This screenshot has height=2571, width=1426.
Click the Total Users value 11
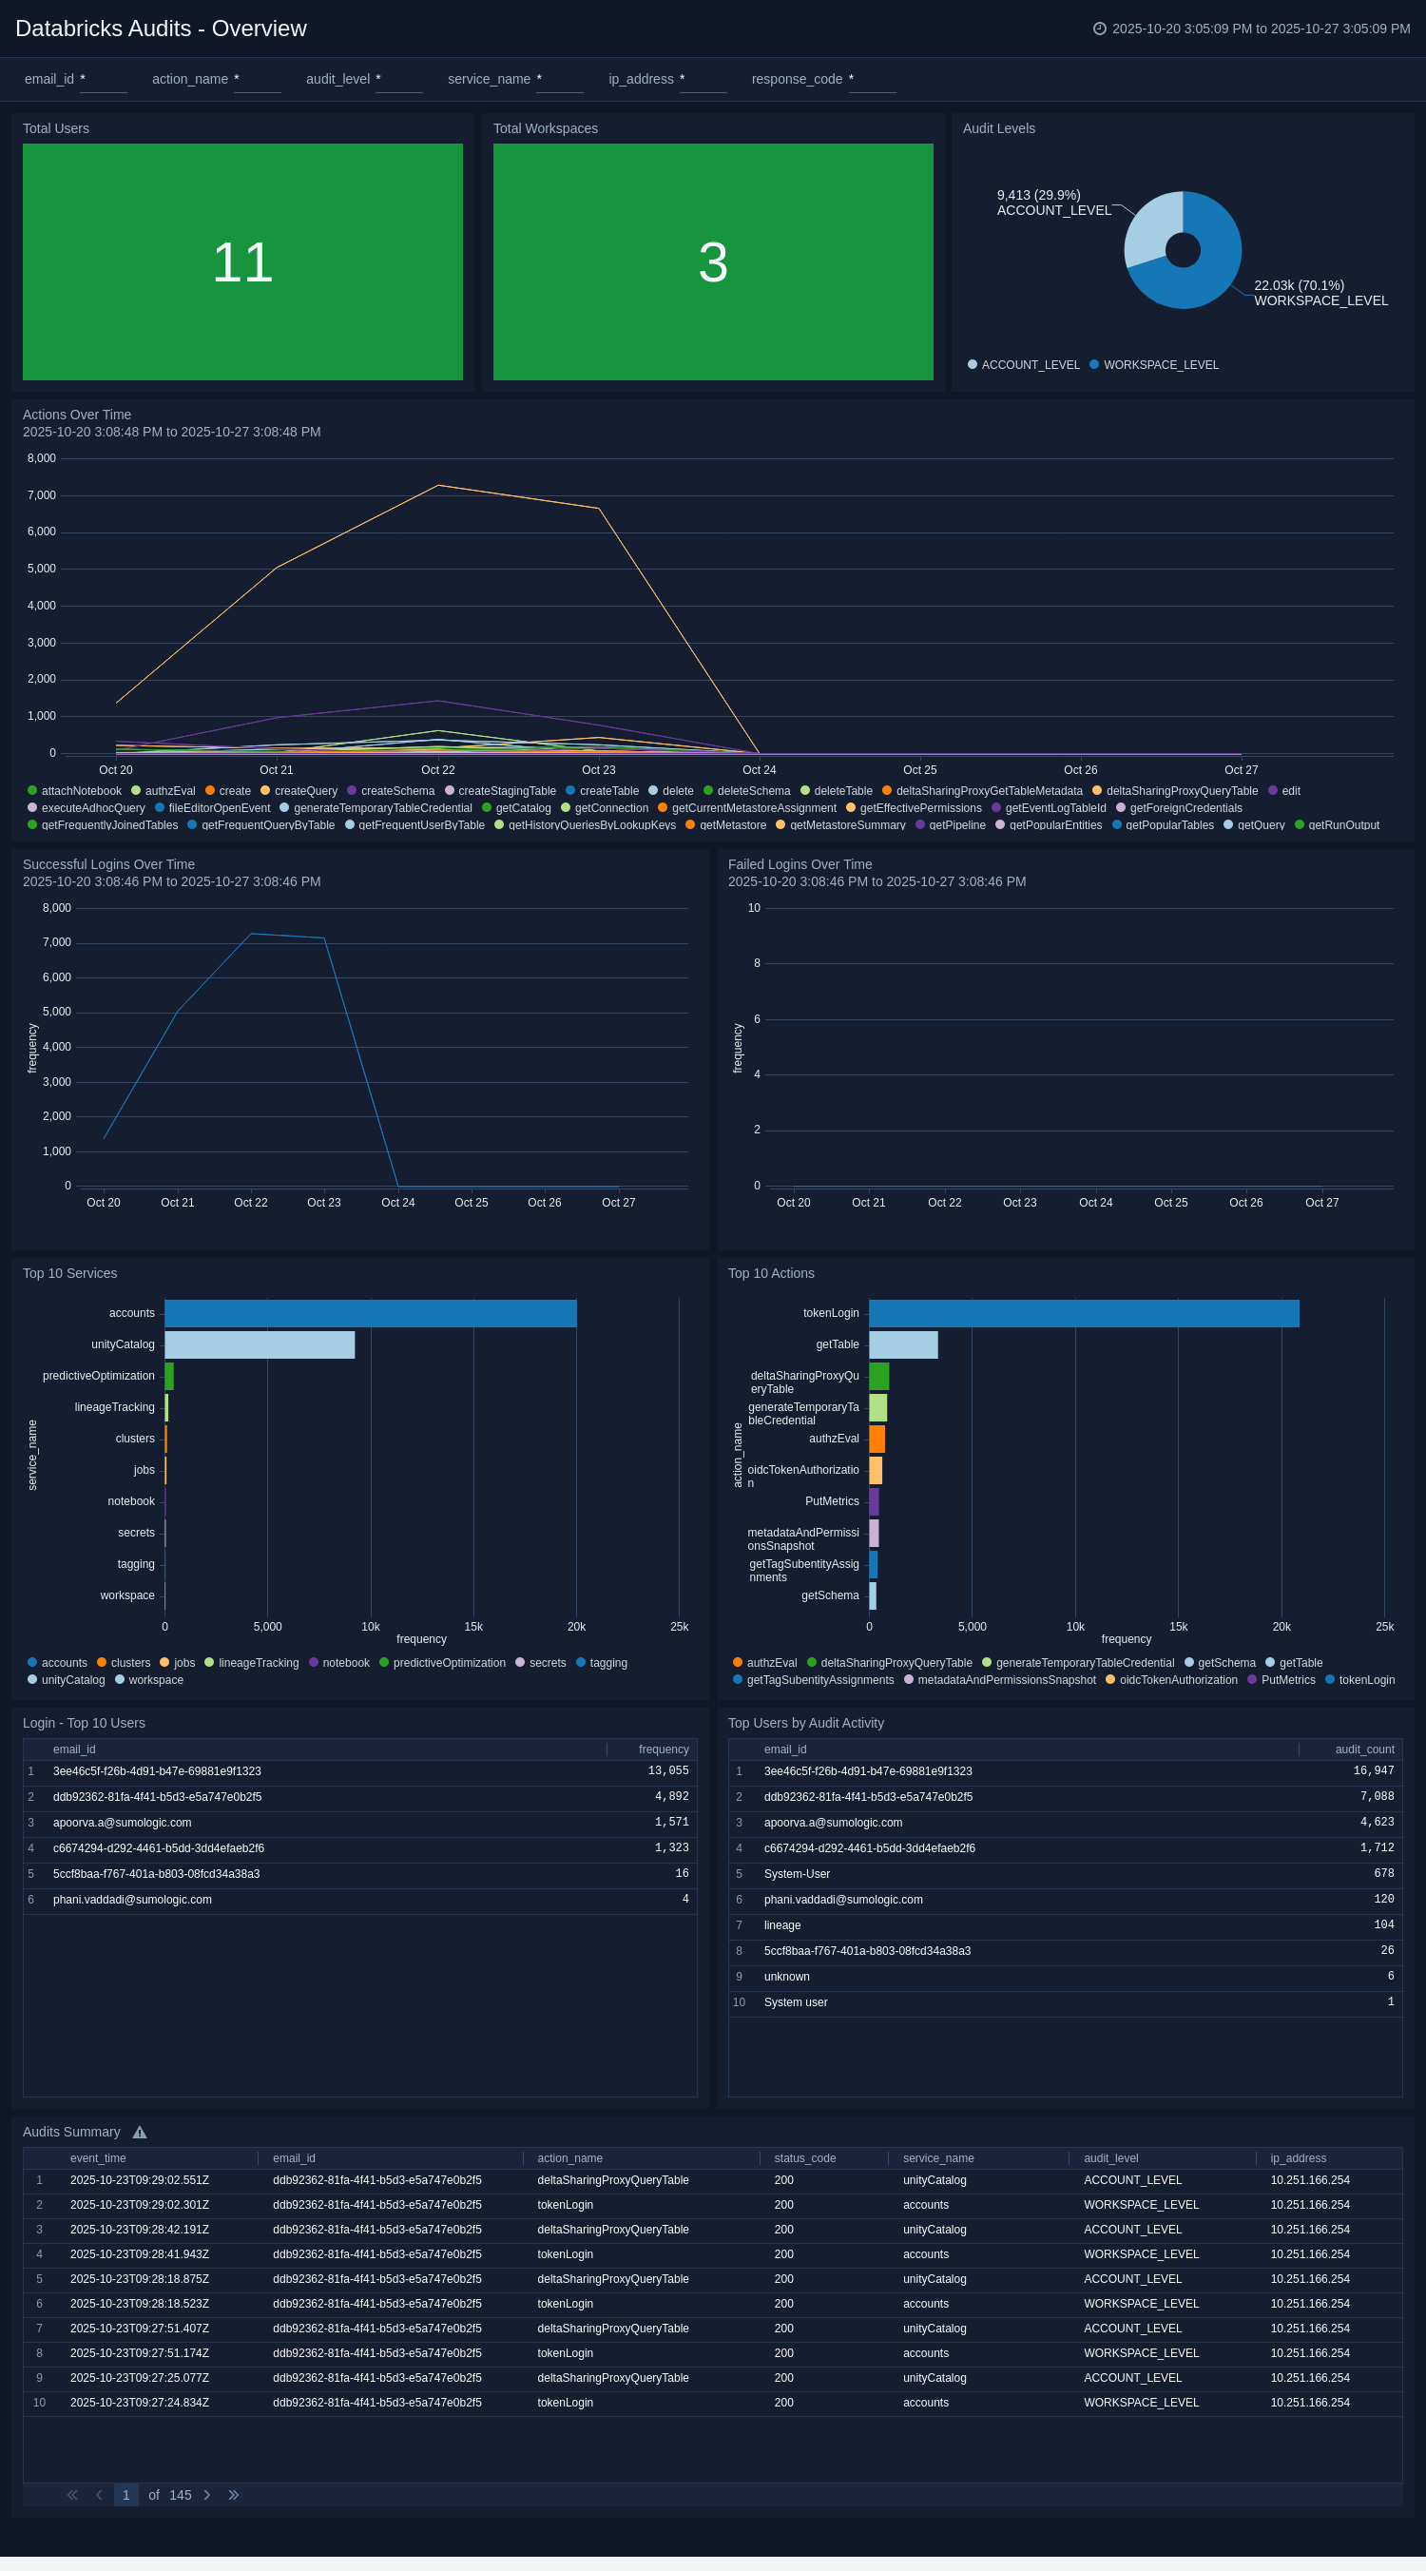click(242, 262)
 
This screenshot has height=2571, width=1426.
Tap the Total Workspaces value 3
click(712, 262)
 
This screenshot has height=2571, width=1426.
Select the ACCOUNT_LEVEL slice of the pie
click(1149, 228)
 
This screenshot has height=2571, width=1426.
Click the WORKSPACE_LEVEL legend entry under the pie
click(1161, 365)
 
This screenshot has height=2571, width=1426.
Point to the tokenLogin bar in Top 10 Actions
click(1083, 1313)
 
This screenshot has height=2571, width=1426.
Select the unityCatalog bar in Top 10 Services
click(260, 1345)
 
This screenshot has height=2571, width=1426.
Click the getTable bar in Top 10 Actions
click(903, 1345)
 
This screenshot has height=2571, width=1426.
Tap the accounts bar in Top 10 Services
click(369, 1313)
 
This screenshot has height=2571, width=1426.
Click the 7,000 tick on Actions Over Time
click(42, 496)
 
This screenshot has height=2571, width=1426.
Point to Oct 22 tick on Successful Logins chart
click(250, 1203)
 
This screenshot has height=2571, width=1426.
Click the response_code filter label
click(797, 80)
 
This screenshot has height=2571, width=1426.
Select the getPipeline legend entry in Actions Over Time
click(956, 825)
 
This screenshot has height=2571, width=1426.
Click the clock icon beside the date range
click(1099, 29)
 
